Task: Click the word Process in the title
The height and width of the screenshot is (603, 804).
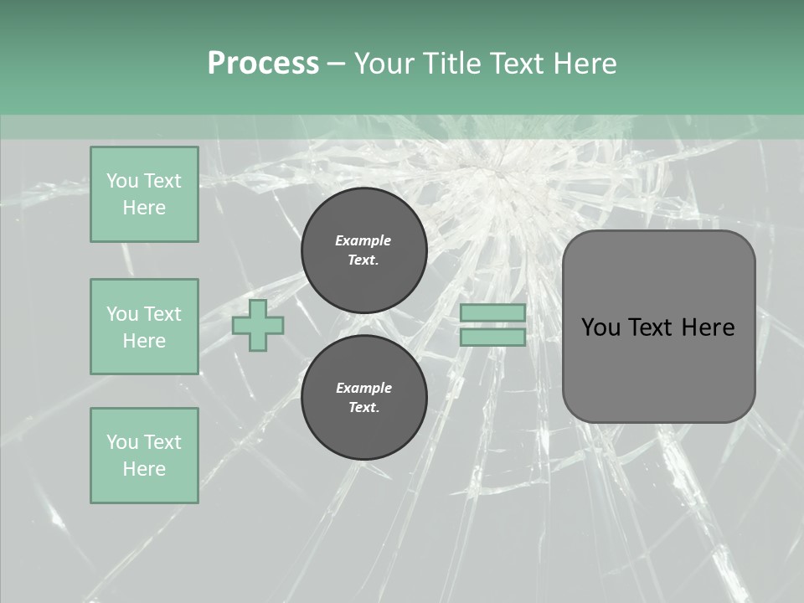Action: (x=263, y=64)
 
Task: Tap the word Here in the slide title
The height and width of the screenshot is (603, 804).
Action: (x=583, y=64)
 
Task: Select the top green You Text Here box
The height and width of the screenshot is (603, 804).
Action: (x=144, y=194)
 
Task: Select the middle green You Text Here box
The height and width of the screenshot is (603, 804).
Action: (x=144, y=327)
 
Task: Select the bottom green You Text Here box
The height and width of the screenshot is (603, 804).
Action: (x=144, y=456)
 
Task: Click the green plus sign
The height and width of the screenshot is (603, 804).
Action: (x=258, y=325)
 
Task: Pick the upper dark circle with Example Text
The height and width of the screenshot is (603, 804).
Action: (x=364, y=250)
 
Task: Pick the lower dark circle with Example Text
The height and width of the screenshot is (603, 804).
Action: (x=364, y=398)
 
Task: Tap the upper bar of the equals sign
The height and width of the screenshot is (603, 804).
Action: (x=492, y=312)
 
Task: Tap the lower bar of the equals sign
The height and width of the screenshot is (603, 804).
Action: (x=492, y=338)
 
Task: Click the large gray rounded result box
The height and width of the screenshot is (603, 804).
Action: (x=658, y=368)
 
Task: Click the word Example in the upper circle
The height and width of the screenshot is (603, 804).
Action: (x=363, y=240)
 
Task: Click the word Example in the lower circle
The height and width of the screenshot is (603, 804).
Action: (x=363, y=388)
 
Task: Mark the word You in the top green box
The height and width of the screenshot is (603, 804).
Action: (x=121, y=181)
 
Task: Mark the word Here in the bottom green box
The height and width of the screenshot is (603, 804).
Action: (x=144, y=469)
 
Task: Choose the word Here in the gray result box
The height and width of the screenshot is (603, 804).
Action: (x=708, y=327)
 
